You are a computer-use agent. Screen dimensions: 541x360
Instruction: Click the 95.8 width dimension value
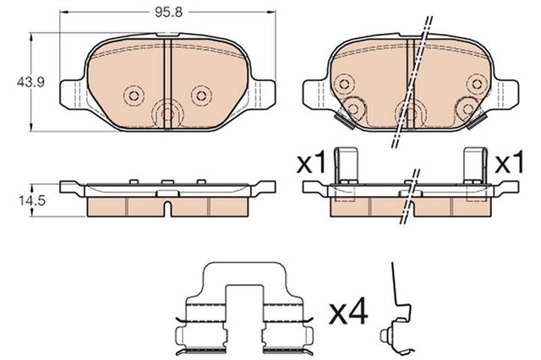(168, 12)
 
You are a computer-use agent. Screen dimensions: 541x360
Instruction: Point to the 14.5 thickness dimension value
(32, 200)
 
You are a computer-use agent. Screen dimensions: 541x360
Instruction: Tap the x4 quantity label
(347, 314)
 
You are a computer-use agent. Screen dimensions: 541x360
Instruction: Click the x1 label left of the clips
(311, 162)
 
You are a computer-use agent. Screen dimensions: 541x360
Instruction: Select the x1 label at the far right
(509, 162)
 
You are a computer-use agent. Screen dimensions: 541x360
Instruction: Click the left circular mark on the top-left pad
(134, 95)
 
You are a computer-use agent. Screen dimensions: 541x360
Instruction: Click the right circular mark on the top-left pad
(201, 95)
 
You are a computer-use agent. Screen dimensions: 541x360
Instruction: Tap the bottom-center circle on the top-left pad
(167, 113)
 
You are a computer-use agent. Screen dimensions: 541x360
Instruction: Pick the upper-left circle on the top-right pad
(344, 84)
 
